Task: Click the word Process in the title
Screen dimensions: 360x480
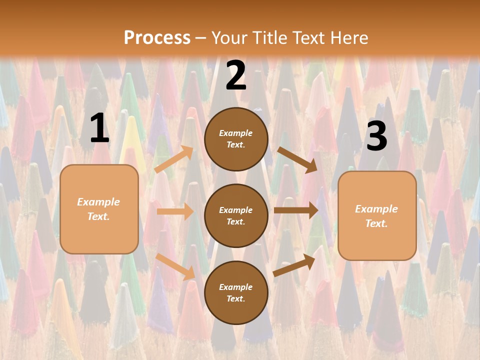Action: pyautogui.click(x=157, y=38)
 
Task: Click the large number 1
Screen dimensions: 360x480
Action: pyautogui.click(x=99, y=128)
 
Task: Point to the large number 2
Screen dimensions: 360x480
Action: pyautogui.click(x=236, y=76)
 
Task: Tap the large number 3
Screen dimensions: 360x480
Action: pyautogui.click(x=376, y=136)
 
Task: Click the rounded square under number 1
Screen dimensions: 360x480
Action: pyautogui.click(x=99, y=208)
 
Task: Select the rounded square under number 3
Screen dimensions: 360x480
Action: pyautogui.click(x=377, y=215)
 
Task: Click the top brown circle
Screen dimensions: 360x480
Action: pyautogui.click(x=236, y=139)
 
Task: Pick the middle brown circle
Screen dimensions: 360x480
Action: pyautogui.click(x=236, y=215)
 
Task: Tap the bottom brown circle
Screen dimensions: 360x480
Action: pyautogui.click(x=236, y=292)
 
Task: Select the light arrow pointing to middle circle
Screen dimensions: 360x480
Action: pyautogui.click(x=175, y=211)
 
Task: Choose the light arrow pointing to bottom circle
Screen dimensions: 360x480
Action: pyautogui.click(x=175, y=266)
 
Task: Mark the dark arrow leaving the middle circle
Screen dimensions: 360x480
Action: pyautogui.click(x=295, y=210)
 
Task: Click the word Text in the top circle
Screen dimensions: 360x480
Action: pyautogui.click(x=235, y=145)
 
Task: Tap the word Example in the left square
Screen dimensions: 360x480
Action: pyautogui.click(x=98, y=202)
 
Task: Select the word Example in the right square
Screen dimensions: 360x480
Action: pyautogui.click(x=376, y=209)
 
